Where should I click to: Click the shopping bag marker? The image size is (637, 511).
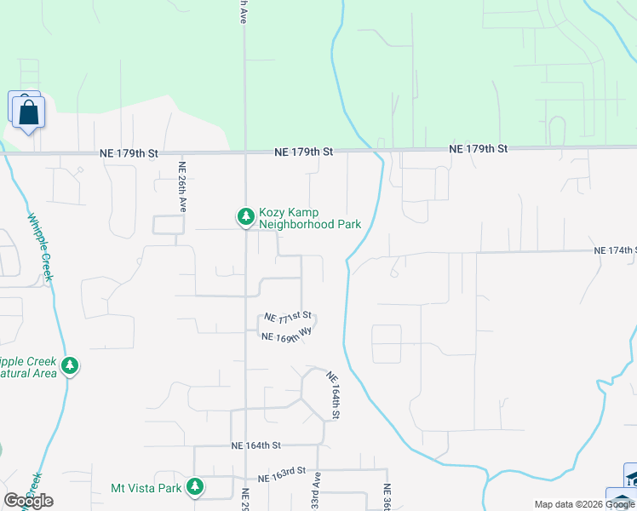click(x=28, y=111)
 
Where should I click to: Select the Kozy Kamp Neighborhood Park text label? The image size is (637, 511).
click(x=310, y=218)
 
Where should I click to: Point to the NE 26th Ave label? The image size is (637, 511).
click(x=181, y=188)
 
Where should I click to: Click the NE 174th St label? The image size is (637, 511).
click(x=615, y=250)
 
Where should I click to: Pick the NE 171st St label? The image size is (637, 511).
click(x=288, y=317)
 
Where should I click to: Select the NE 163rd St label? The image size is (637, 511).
click(x=282, y=472)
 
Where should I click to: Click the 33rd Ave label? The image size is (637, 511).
click(x=316, y=491)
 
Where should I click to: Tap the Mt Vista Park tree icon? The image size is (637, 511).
click(x=196, y=487)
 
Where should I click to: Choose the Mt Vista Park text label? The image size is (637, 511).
click(x=146, y=488)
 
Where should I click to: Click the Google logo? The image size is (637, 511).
click(x=29, y=500)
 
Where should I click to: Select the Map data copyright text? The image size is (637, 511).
click(x=583, y=504)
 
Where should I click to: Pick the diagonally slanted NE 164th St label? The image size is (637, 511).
click(x=333, y=396)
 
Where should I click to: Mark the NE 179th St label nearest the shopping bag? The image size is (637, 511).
click(x=129, y=153)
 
